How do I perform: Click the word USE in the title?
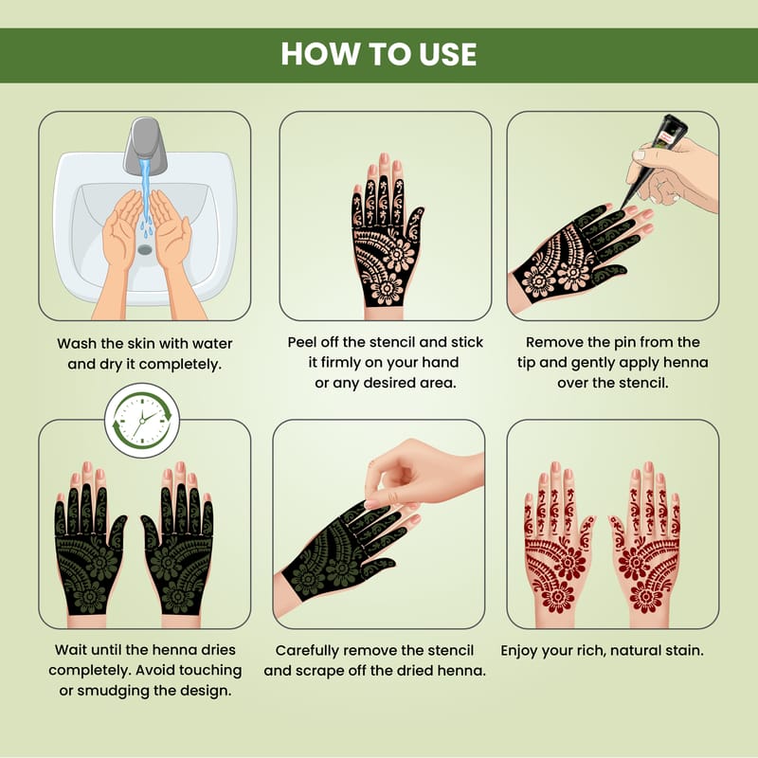pyautogui.click(x=447, y=54)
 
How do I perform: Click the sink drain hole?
pyautogui.click(x=145, y=249)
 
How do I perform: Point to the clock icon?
pyautogui.click(x=142, y=420)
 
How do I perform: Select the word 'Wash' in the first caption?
pyautogui.click(x=77, y=344)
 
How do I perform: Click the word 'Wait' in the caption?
pyautogui.click(x=70, y=650)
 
